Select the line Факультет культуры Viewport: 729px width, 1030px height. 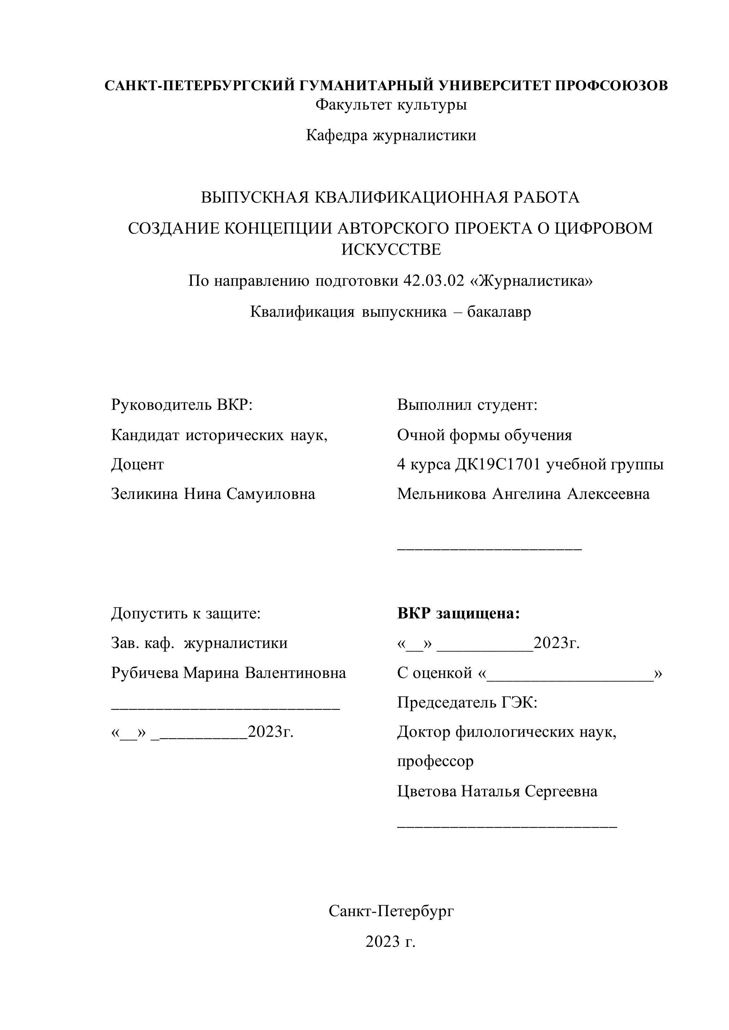(391, 105)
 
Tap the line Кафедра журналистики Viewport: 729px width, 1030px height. (391, 135)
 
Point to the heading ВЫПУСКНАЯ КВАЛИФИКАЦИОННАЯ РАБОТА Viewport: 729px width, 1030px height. (390, 197)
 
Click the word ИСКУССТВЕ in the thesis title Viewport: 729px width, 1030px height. (391, 249)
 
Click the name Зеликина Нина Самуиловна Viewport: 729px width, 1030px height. (213, 494)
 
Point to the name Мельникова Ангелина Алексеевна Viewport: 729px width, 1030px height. (523, 494)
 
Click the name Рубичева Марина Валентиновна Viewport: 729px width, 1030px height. (229, 673)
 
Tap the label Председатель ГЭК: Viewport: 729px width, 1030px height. (467, 703)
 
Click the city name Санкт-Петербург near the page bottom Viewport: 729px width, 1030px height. (391, 911)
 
